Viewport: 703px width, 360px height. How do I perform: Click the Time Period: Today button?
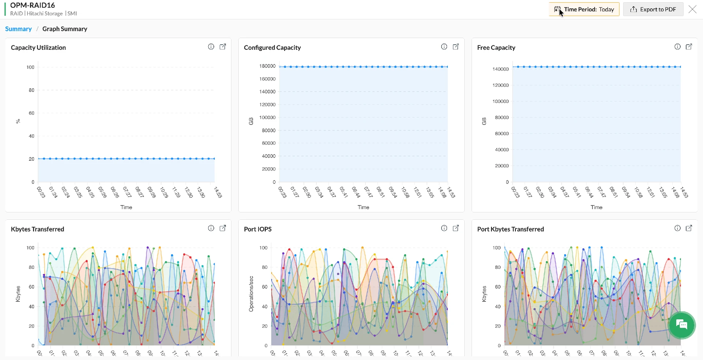(584, 10)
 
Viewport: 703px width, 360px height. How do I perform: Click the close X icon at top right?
(692, 10)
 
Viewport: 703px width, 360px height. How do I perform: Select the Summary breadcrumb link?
(18, 29)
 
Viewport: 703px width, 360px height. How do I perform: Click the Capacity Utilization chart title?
(38, 48)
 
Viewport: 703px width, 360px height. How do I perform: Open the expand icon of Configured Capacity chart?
(456, 47)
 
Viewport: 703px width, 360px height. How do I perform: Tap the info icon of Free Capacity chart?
(677, 47)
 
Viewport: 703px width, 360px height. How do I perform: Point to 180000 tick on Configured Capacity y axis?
(267, 66)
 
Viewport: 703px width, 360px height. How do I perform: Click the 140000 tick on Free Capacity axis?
(501, 69)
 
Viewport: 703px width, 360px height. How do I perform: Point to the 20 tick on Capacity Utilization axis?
(31, 159)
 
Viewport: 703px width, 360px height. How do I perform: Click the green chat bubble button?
(681, 324)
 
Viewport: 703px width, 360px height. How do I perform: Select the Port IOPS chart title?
(258, 229)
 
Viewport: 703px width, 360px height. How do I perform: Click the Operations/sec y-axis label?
(251, 294)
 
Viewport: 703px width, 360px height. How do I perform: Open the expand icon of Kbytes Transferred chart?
(223, 228)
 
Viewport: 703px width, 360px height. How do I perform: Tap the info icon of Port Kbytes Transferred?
(677, 228)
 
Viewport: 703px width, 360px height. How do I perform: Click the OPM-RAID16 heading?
(33, 5)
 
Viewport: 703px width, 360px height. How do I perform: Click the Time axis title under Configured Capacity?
(363, 207)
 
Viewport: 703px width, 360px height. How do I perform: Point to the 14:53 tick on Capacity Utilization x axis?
(217, 192)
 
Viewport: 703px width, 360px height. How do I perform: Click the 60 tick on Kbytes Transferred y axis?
(31, 287)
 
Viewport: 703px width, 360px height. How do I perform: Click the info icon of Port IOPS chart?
(444, 228)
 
